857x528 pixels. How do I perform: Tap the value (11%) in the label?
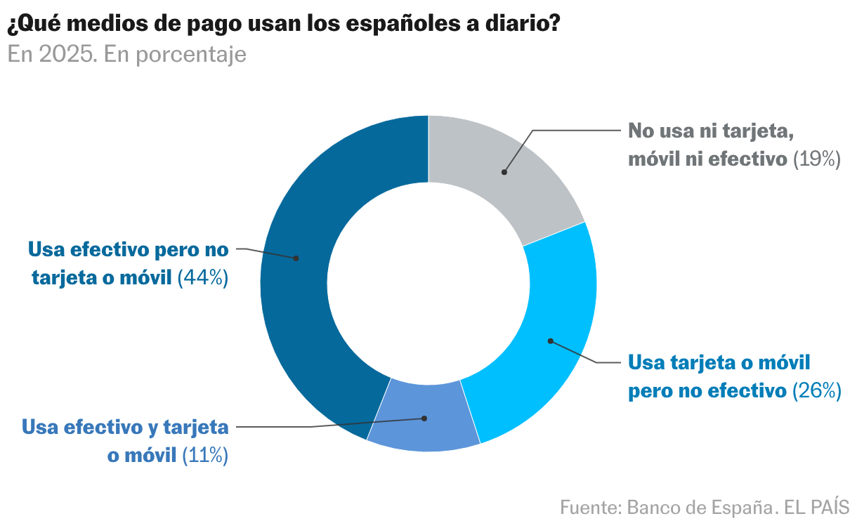[x=205, y=455]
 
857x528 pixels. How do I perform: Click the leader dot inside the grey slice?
[x=504, y=172]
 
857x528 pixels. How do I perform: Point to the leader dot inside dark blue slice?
[x=296, y=258]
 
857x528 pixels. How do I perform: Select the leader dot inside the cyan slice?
[x=551, y=341]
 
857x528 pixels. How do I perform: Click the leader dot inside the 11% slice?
[x=424, y=418]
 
